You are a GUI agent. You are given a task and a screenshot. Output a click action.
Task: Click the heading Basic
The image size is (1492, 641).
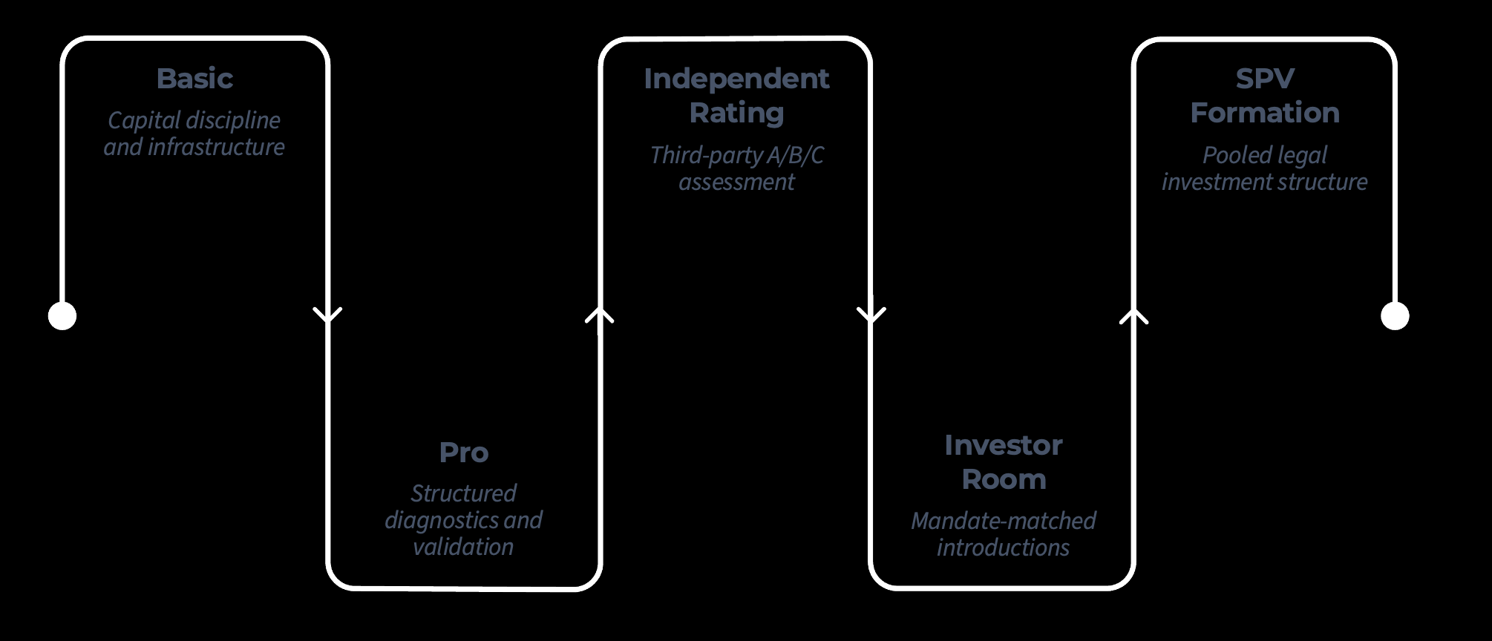coord(194,79)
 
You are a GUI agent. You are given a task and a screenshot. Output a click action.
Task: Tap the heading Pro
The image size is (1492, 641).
coord(463,453)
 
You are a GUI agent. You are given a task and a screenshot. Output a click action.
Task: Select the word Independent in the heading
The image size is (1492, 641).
coord(736,79)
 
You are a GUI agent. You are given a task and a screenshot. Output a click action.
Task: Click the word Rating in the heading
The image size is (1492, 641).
coord(736,113)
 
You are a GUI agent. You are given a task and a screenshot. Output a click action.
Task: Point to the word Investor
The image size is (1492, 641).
coord(1003,445)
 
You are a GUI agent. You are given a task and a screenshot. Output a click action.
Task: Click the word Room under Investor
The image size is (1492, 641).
coord(1003,479)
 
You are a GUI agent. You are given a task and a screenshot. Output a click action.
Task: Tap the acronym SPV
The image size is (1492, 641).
coord(1265,79)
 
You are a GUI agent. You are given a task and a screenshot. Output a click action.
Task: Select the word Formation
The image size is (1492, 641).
coord(1265,113)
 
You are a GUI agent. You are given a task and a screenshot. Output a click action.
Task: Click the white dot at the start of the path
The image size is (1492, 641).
coord(62,316)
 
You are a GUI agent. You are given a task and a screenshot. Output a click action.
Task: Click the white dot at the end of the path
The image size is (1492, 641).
coord(1395,316)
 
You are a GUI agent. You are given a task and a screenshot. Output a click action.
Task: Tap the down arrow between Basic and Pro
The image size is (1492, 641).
coord(327,315)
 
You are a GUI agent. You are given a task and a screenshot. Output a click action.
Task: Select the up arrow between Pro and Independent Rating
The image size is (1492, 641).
coord(600,315)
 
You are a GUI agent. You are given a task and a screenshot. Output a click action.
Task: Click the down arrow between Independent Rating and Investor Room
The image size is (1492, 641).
coord(871,315)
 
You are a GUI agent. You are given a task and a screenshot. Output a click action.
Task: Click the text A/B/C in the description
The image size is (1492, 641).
coord(795,155)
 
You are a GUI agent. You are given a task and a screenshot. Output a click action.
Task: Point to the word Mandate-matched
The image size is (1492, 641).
coord(1003,521)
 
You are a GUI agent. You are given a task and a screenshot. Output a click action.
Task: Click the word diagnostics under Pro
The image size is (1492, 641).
coord(442,520)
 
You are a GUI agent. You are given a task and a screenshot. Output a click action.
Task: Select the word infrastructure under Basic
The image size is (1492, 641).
coord(216,147)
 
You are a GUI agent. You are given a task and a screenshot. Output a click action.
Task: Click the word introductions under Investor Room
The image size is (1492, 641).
coord(1003,548)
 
